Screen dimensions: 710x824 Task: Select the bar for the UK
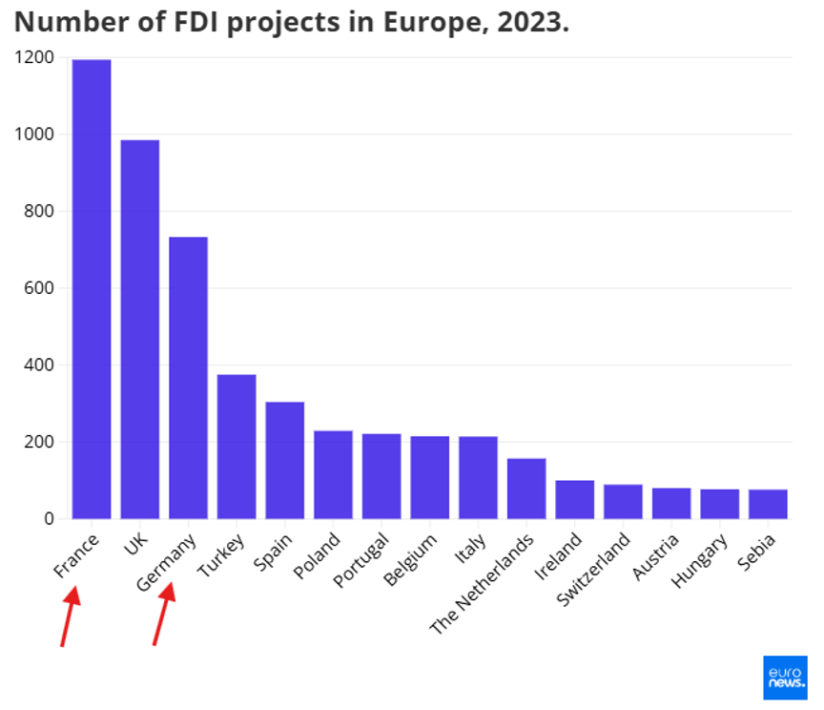140,329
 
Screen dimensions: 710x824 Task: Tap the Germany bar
188,378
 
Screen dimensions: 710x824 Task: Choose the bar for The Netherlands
526,489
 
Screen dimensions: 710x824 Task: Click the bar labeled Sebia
768,504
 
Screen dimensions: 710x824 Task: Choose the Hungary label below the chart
699,561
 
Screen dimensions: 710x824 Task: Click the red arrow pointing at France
69,616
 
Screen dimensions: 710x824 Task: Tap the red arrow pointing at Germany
164,615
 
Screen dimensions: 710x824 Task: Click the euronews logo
785,678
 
